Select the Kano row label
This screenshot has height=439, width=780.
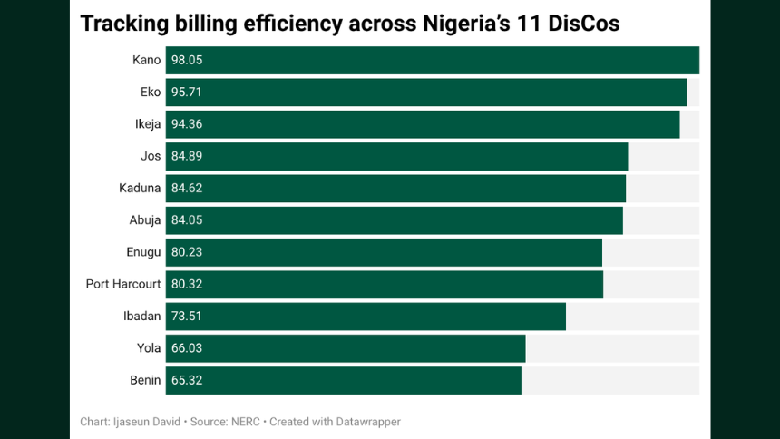pyautogui.click(x=146, y=60)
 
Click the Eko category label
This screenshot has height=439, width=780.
pyautogui.click(x=150, y=93)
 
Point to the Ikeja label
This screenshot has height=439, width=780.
pyautogui.click(x=147, y=124)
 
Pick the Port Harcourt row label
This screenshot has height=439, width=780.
pyautogui.click(x=123, y=284)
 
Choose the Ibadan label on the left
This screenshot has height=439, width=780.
pyautogui.click(x=141, y=317)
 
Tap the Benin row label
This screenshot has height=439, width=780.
pyautogui.click(x=145, y=380)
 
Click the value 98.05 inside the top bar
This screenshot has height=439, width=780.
pyautogui.click(x=186, y=60)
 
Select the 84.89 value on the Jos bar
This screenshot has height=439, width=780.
pyautogui.click(x=186, y=156)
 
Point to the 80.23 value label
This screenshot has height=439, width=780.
pyautogui.click(x=186, y=252)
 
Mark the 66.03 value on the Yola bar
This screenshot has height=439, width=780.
pyautogui.click(x=186, y=348)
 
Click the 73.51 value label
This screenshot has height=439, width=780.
pyautogui.click(x=186, y=317)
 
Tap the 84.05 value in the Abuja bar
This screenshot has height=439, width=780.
pyautogui.click(x=186, y=220)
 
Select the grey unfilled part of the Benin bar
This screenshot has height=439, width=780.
pyautogui.click(x=609, y=380)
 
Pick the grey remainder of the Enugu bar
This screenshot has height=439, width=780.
pyautogui.click(x=650, y=252)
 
